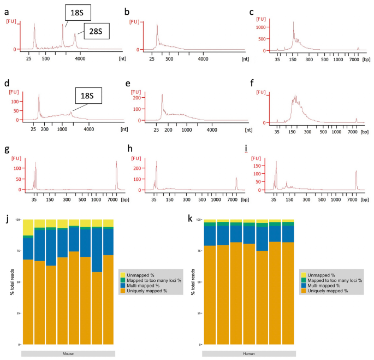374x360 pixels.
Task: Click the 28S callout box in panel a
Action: (x=96, y=31)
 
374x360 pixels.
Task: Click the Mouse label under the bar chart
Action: (x=68, y=353)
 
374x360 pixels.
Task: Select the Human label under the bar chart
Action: (x=249, y=353)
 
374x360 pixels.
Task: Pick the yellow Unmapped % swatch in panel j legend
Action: (x=123, y=275)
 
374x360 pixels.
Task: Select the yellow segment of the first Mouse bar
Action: (x=27, y=228)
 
